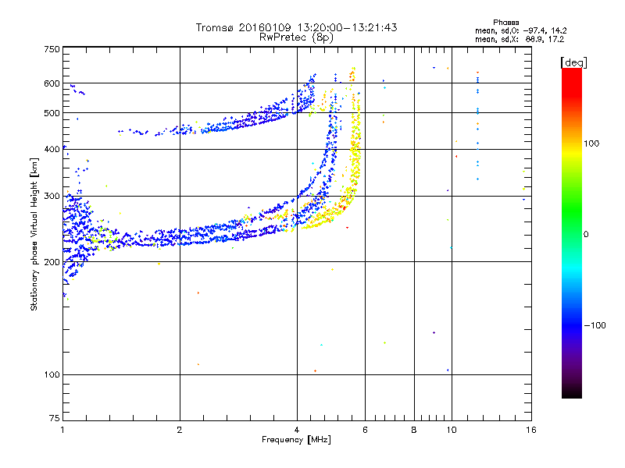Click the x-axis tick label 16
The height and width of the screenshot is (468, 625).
click(530, 429)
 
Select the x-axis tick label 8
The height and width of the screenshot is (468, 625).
click(414, 429)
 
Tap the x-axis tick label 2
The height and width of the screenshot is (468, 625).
click(180, 429)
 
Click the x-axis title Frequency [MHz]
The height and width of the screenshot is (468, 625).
click(296, 441)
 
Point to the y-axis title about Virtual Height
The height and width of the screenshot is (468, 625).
click(35, 235)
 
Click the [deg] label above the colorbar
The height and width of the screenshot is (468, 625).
click(573, 62)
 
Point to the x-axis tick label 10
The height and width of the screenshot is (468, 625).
click(451, 429)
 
